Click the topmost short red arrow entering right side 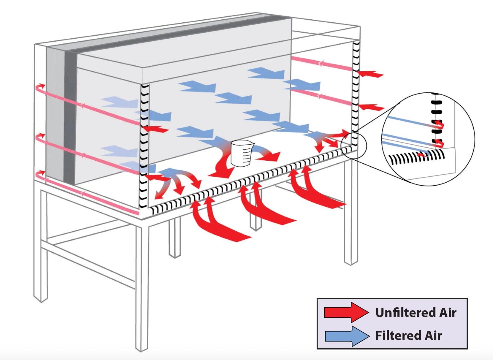[x=370, y=74]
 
